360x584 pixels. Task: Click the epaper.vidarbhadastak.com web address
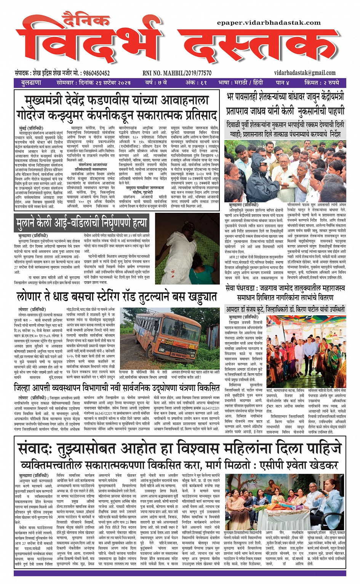(x=269, y=23)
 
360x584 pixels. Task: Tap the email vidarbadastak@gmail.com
(x=305, y=73)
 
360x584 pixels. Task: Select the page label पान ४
(x=283, y=83)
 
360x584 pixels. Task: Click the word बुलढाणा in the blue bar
(x=31, y=83)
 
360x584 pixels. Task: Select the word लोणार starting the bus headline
(x=30, y=297)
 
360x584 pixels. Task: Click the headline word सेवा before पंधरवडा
(x=233, y=288)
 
